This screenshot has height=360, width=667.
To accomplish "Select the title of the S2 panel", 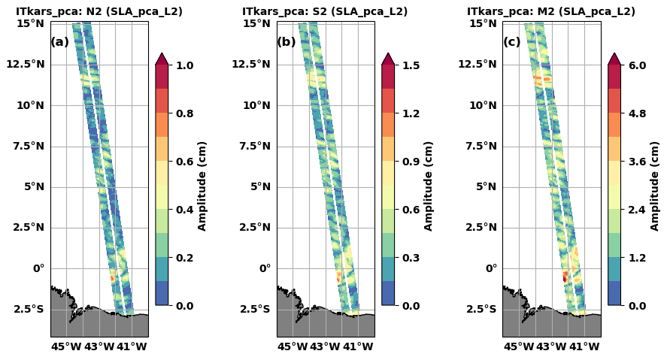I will [x=325, y=12].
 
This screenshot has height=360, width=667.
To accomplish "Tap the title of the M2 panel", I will [x=551, y=12].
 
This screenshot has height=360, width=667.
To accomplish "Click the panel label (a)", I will [x=59, y=42].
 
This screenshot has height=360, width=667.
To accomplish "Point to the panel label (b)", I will [x=287, y=42].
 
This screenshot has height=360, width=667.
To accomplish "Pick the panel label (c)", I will [x=512, y=42].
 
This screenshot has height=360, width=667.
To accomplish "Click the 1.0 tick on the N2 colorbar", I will [x=184, y=65].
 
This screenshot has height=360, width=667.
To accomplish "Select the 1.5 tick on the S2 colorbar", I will [x=411, y=65].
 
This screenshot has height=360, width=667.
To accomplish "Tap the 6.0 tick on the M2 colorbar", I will [x=637, y=65].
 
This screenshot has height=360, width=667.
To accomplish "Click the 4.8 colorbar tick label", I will [x=637, y=113].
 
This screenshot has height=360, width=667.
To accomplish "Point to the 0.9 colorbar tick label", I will [x=411, y=162].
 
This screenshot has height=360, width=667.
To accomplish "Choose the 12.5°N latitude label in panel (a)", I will [x=26, y=64].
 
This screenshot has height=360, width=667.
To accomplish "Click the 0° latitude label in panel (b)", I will [x=264, y=268].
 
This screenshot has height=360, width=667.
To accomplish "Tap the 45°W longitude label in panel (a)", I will [x=66, y=346].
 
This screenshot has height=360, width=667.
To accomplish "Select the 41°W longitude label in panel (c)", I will [x=584, y=346].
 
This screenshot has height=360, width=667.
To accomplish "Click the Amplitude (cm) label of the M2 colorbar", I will [x=654, y=186].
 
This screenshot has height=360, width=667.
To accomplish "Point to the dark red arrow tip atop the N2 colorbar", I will [x=162, y=58].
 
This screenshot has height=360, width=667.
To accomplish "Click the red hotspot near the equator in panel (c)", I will [x=565, y=277].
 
